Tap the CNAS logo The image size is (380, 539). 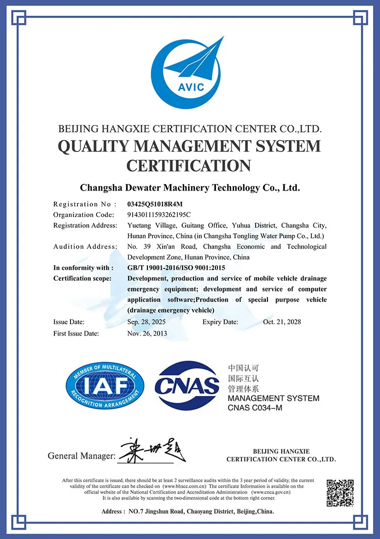tap(187, 386)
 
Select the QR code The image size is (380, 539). tap(340, 492)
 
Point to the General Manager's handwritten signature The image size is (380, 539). tap(152, 450)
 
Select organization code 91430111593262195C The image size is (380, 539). tap(159, 215)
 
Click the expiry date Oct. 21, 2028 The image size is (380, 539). tap(282, 322)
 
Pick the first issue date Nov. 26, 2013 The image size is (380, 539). tap(147, 333)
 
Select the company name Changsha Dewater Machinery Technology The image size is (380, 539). tap(190, 187)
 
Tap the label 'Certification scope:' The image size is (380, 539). tap(82, 278)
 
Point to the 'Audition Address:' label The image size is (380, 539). tap(85, 246)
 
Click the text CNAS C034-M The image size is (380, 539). tap(255, 408)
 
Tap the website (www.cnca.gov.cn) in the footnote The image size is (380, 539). tap(271, 492)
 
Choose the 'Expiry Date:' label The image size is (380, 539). tap(220, 322)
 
